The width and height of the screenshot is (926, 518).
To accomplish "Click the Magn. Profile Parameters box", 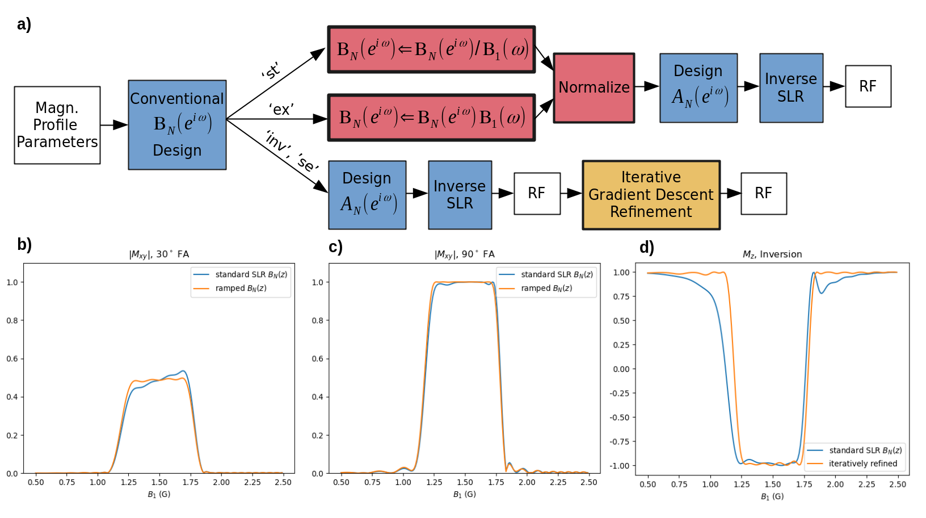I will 57,125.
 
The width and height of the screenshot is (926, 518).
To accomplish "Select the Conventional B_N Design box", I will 177,125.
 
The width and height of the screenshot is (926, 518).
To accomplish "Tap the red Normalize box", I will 594,88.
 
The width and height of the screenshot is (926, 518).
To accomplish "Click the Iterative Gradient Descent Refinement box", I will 651,195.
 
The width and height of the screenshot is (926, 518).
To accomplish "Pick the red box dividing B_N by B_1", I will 431,49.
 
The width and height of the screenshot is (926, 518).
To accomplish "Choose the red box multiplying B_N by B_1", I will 431,118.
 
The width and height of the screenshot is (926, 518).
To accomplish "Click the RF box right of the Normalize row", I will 868,86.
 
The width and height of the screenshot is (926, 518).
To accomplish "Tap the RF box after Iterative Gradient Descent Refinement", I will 763,194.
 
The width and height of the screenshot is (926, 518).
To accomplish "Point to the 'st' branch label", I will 271,72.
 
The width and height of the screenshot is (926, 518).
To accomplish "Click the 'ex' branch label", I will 281,109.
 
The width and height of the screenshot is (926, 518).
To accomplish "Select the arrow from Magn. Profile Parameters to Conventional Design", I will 114,125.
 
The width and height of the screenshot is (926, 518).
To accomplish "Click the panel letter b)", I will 24,245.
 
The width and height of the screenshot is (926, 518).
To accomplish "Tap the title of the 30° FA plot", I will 159,254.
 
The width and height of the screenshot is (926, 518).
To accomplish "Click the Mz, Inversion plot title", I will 772,254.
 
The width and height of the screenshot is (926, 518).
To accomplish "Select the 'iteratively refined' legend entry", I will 862,463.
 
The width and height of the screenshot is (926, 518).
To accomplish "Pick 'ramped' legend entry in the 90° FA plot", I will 546,288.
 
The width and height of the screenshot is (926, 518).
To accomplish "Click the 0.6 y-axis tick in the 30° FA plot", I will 12,359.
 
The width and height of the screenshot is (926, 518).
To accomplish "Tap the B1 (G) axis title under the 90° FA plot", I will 464,494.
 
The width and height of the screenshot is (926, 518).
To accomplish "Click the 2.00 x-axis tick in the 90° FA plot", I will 527,482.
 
